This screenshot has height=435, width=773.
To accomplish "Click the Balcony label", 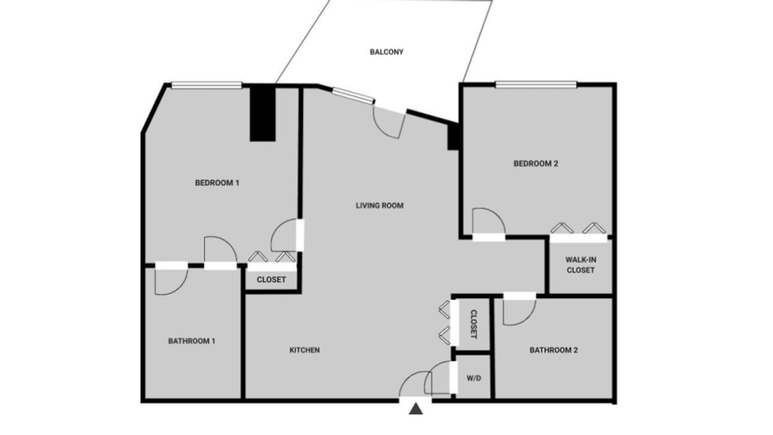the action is pyautogui.click(x=386, y=52).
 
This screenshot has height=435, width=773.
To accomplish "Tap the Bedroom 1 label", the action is pyautogui.click(x=217, y=183).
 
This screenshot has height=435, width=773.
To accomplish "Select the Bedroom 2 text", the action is pyautogui.click(x=536, y=164).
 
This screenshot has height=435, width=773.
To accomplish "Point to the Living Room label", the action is pyautogui.click(x=380, y=206).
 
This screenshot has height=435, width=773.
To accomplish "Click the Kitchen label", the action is pyautogui.click(x=304, y=350).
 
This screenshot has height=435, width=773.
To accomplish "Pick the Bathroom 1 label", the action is pyautogui.click(x=191, y=341).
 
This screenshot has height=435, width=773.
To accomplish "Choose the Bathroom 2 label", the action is pyautogui.click(x=554, y=350).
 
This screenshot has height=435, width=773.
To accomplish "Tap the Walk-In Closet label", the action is pyautogui.click(x=581, y=265).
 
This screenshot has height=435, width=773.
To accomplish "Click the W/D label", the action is pyautogui.click(x=474, y=378).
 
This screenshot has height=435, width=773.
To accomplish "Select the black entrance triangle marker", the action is pyautogui.click(x=416, y=409).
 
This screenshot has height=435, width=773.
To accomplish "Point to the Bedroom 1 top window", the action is pyautogui.click(x=207, y=85).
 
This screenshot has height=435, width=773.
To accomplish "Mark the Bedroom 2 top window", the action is pyautogui.click(x=536, y=85).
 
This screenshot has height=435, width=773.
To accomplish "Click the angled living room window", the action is pyautogui.click(x=353, y=95).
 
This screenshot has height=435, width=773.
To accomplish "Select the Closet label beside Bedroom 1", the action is pyautogui.click(x=271, y=280).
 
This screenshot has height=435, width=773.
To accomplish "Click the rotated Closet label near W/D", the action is pyautogui.click(x=474, y=324).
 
